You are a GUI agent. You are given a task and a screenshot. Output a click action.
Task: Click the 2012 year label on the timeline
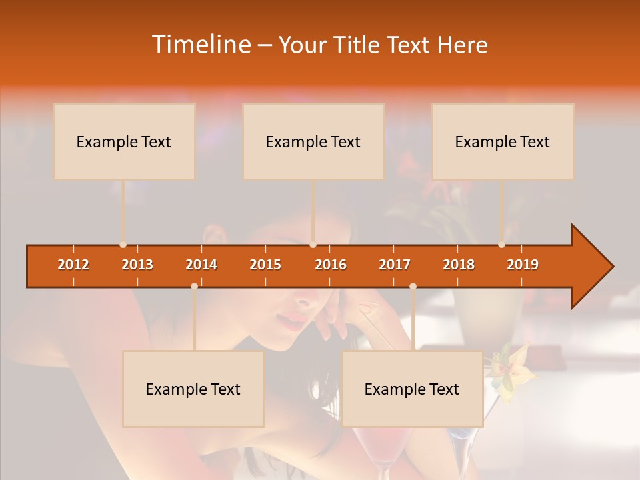pos(73,265)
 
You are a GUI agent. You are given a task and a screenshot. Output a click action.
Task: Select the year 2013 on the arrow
pos(137,265)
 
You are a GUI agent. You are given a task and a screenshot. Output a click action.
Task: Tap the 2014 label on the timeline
pos(201,265)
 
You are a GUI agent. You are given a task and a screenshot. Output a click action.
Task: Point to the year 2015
pos(265,265)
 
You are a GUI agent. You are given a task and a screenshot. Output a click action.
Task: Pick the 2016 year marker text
pos(331,265)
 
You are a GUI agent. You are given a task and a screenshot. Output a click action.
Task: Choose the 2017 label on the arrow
pos(395,265)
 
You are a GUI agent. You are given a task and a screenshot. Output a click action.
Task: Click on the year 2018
pos(459,265)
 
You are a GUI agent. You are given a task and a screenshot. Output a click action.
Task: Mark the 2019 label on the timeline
pos(523,265)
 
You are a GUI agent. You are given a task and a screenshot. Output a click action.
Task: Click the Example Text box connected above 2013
pos(124,141)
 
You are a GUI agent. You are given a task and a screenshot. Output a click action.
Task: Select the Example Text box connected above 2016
pos(313,141)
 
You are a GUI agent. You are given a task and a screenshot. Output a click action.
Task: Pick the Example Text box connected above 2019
pos(503,141)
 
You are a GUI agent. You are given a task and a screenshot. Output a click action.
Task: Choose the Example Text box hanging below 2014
pos(193,389)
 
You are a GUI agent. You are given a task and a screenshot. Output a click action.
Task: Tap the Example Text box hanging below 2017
pos(412,389)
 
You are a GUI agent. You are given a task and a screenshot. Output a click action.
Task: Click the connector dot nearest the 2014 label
pos(194,286)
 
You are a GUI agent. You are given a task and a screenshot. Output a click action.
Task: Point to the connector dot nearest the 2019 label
pos(501,245)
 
